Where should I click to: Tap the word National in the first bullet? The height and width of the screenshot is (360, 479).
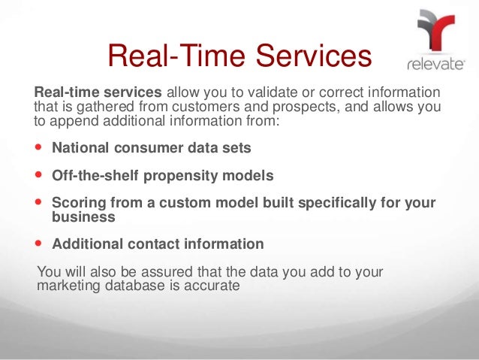(79, 147)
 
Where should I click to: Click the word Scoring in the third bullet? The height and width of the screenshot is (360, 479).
(77, 204)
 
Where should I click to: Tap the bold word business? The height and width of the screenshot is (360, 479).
(83, 216)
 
